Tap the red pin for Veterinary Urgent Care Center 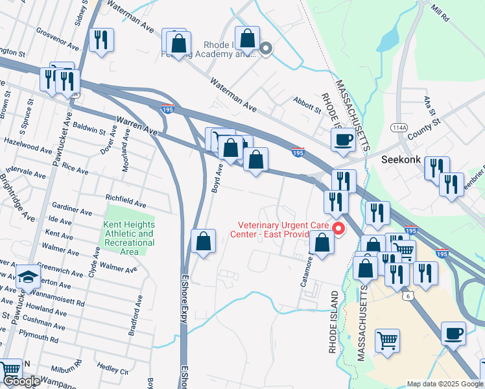click(x=338, y=229)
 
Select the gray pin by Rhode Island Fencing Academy click(x=265, y=49)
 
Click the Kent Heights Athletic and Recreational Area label click(x=128, y=238)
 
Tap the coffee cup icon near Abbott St click(x=343, y=139)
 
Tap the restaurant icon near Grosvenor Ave click(x=101, y=40)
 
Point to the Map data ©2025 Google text click(x=444, y=384)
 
